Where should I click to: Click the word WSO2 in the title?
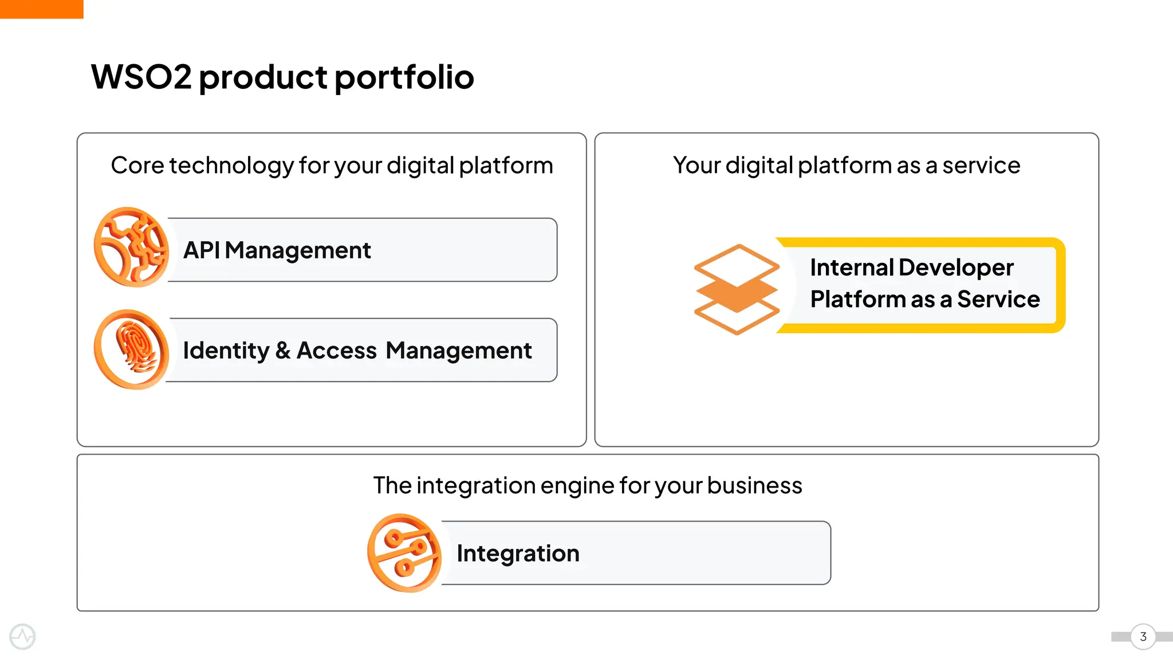click(141, 77)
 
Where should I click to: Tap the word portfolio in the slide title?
click(404, 77)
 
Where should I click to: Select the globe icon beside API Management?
click(131, 247)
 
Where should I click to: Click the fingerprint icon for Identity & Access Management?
click(131, 349)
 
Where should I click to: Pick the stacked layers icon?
click(737, 289)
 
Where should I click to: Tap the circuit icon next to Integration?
click(404, 553)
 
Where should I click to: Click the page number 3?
click(1143, 637)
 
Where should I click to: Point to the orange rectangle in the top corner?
click(41, 9)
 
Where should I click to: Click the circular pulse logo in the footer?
click(23, 637)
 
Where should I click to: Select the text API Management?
click(277, 250)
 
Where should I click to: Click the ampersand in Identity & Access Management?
click(282, 351)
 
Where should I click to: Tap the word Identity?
click(226, 351)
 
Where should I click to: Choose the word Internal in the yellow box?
click(852, 268)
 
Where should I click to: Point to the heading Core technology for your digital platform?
click(332, 166)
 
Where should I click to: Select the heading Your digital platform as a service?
click(846, 166)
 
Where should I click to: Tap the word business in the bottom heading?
click(754, 486)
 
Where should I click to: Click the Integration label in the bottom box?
click(518, 553)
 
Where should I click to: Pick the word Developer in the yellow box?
click(956, 268)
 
